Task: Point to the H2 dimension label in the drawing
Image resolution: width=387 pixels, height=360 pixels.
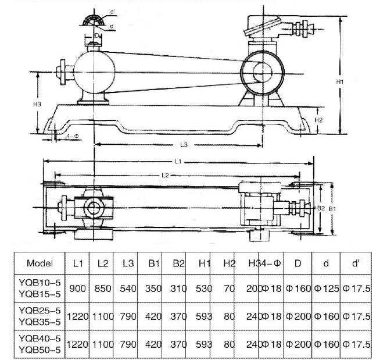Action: point(318,119)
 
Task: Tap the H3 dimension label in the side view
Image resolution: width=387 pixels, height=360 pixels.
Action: point(38,104)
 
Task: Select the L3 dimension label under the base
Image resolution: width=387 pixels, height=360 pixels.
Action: point(184,144)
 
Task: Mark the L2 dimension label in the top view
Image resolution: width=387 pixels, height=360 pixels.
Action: point(165,174)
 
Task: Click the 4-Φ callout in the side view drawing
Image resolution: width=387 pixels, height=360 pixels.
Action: point(73,136)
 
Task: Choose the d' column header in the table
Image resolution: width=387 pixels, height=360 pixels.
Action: point(355,263)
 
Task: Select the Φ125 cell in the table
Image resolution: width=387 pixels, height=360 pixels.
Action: point(327,288)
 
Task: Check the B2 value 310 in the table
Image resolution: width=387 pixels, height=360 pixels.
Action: point(176,288)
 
